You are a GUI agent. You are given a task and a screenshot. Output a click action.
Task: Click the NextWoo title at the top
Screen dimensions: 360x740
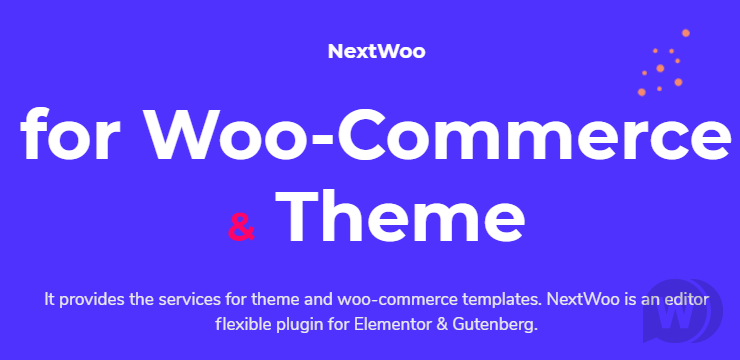[376, 52]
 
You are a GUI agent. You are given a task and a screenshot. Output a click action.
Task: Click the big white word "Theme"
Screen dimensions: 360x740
[400, 217]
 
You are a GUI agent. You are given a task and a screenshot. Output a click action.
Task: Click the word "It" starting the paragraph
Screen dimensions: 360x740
[50, 299]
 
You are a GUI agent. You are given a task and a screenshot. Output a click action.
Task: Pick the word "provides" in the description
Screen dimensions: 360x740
[93, 299]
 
